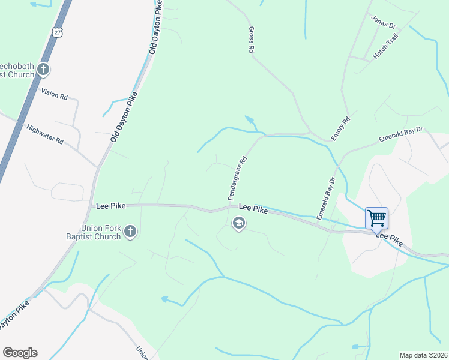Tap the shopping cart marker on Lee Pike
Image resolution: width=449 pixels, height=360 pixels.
pyautogui.click(x=376, y=218)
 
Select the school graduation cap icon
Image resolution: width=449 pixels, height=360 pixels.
pyautogui.click(x=238, y=224)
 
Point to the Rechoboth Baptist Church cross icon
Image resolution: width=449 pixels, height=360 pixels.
pyautogui.click(x=43, y=70)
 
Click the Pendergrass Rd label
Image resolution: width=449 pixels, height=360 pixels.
pyautogui.click(x=237, y=179)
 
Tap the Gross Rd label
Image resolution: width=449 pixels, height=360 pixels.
pyautogui.click(x=251, y=40)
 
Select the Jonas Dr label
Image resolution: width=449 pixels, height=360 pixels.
pyautogui.click(x=384, y=22)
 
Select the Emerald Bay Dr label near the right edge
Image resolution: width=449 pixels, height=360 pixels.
pyautogui.click(x=401, y=134)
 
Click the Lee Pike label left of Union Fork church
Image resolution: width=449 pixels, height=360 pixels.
pyautogui.click(x=110, y=206)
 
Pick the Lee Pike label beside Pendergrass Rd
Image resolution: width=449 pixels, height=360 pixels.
pyautogui.click(x=253, y=208)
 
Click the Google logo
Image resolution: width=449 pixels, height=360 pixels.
pyautogui.click(x=20, y=353)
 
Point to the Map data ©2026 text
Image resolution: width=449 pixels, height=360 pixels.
pyautogui.click(x=423, y=355)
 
